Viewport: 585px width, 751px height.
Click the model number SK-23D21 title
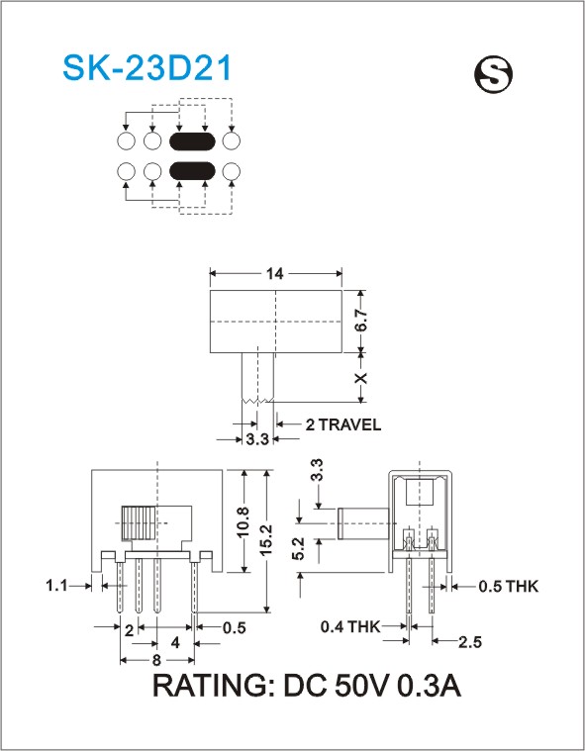[x=147, y=67]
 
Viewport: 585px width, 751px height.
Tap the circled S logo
[x=493, y=75]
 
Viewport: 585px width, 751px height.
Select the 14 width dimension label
[x=275, y=273]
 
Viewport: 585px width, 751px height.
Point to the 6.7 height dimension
[x=361, y=320]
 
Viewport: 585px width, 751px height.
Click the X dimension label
[x=361, y=378]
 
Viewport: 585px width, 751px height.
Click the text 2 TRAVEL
[x=343, y=424]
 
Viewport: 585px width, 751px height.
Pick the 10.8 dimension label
[x=244, y=521]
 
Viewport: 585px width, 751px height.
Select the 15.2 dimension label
[x=266, y=540]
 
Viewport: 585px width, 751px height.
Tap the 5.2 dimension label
[x=298, y=549]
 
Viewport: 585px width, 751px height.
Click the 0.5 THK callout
[x=509, y=586]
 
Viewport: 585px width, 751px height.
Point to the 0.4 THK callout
[x=350, y=626]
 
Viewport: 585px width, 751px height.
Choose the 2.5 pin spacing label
[x=469, y=642]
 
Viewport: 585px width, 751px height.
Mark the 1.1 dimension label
[x=56, y=586]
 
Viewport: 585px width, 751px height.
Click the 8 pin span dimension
[x=156, y=660]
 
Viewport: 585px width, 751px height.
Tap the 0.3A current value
[x=430, y=686]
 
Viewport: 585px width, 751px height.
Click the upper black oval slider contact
[x=193, y=141]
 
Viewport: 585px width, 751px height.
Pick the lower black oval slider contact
[x=193, y=171]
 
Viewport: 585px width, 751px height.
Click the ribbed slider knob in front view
[x=140, y=523]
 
